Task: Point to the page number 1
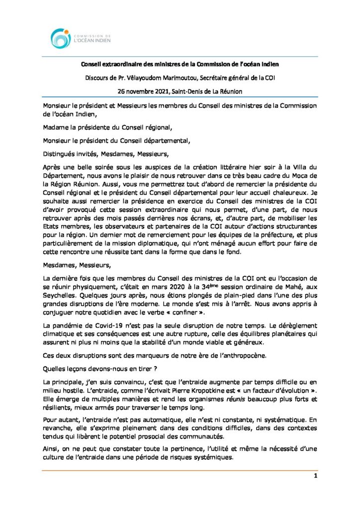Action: click(315, 476)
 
